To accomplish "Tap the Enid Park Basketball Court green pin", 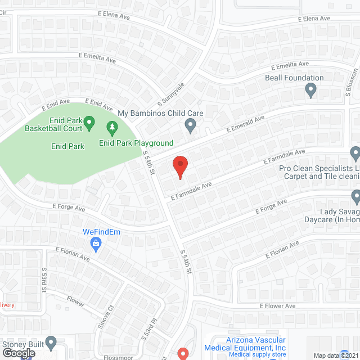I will [x=89, y=121].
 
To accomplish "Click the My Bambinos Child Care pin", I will [x=191, y=125].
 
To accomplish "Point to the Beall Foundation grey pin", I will [x=310, y=89].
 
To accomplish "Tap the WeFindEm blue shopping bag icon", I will [x=96, y=244].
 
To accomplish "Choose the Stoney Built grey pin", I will [x=51, y=341].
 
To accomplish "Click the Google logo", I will [x=19, y=353].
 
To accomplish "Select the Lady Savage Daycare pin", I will [x=355, y=196].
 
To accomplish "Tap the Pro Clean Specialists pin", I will [x=355, y=153].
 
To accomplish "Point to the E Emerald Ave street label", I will [x=245, y=124].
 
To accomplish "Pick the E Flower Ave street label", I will [x=277, y=306].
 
